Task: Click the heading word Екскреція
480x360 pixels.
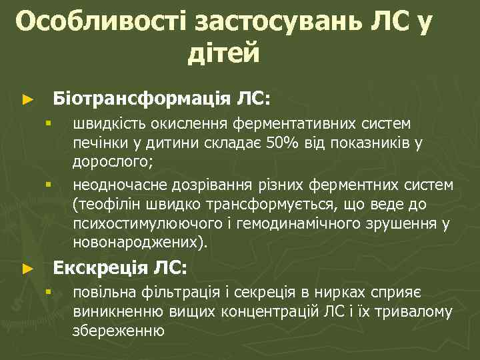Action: (100, 268)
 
